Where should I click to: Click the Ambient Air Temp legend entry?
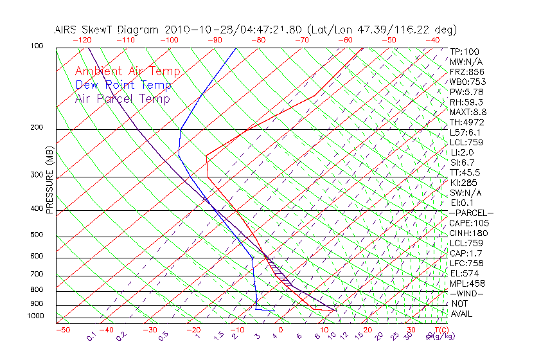tap(128, 71)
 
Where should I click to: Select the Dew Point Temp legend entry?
tap(123, 85)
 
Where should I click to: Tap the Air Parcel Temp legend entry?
tap(123, 98)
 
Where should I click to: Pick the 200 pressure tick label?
tap(37, 128)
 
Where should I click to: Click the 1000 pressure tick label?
tap(35, 316)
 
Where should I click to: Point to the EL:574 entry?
tap(465, 273)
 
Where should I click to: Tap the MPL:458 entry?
tap(467, 283)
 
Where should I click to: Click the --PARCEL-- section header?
tap(471, 213)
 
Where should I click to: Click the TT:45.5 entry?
tap(466, 172)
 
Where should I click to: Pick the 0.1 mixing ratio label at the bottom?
tap(92, 336)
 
